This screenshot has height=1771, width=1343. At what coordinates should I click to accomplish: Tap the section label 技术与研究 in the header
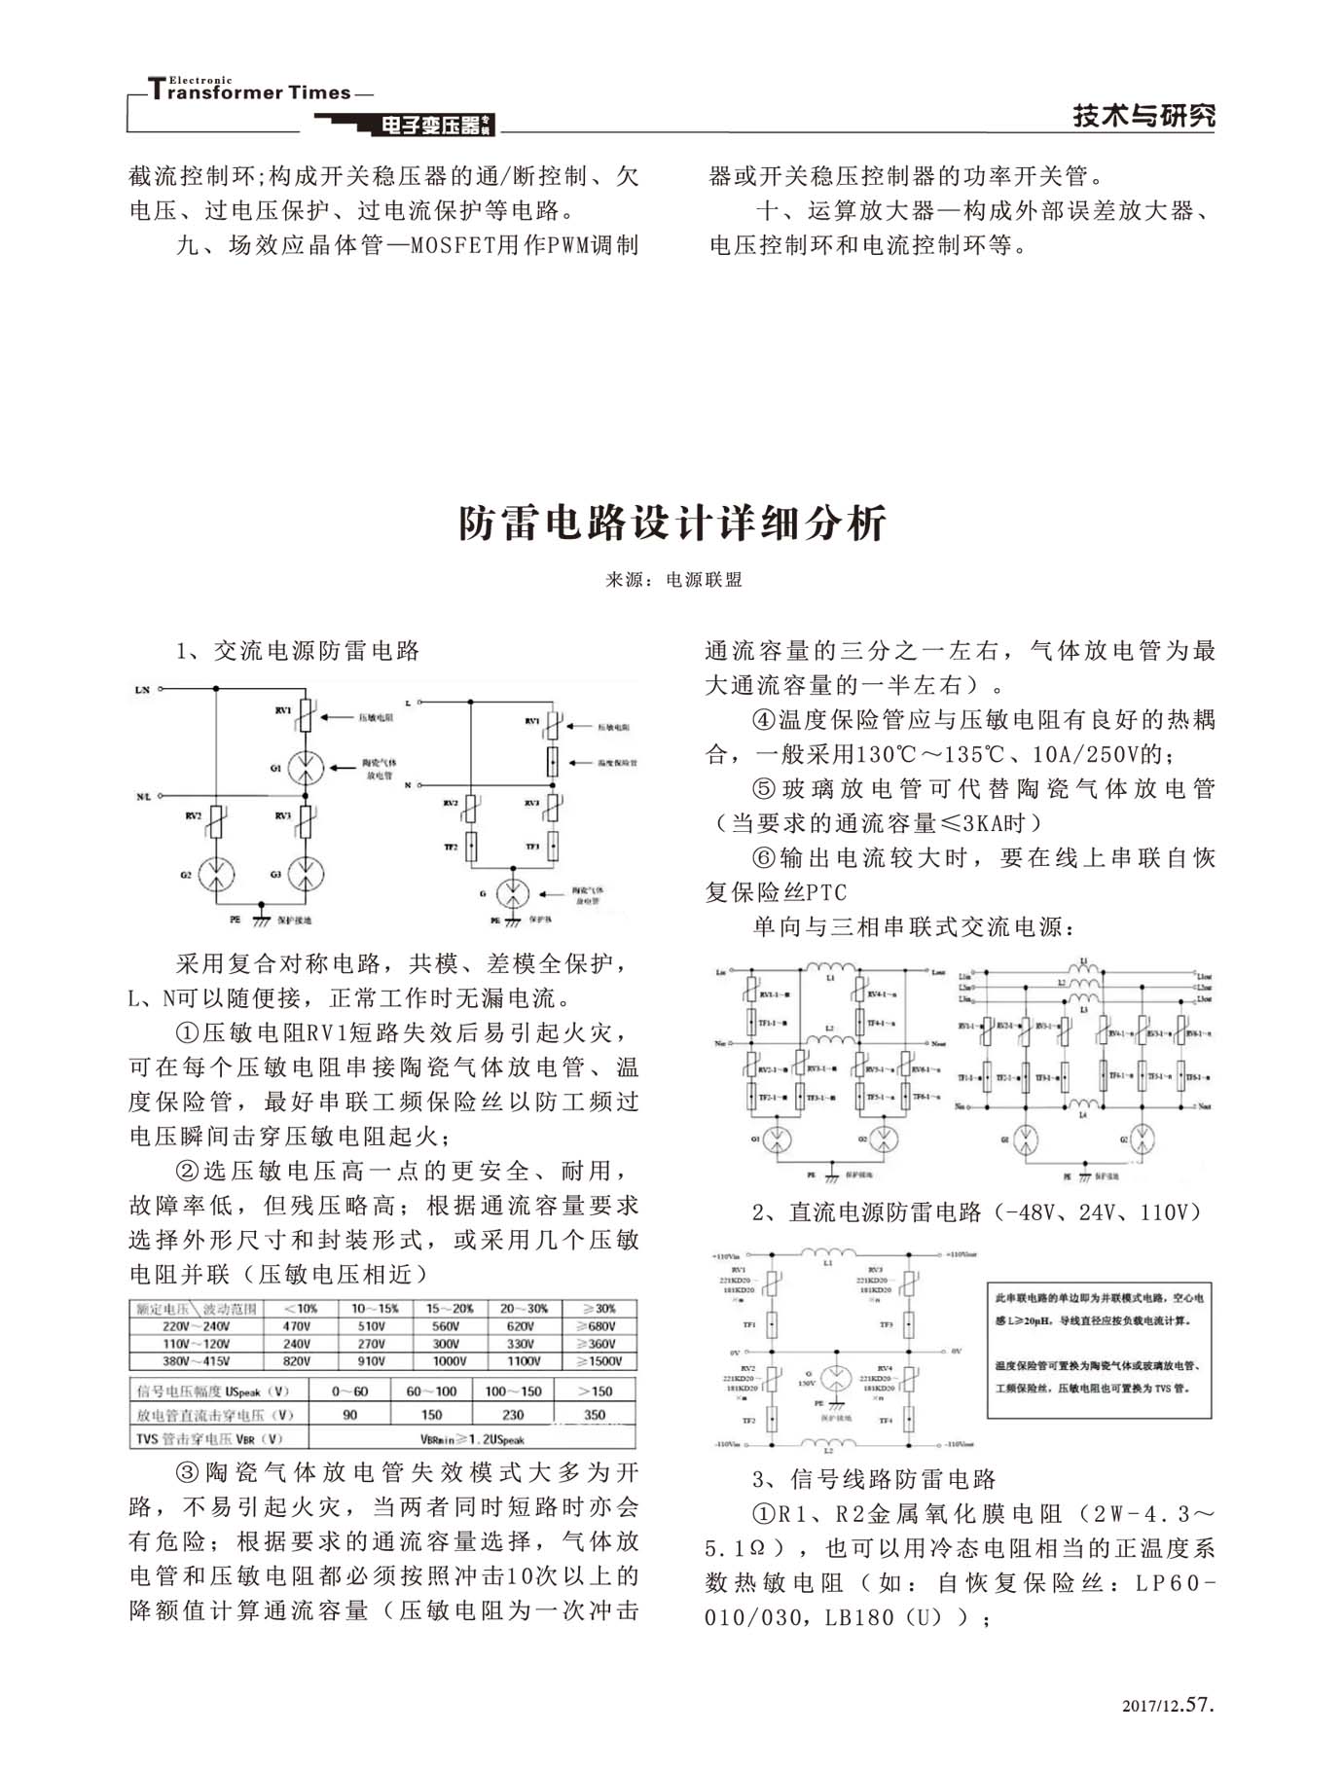click(1143, 116)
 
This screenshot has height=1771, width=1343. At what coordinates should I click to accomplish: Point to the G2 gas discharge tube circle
click(216, 875)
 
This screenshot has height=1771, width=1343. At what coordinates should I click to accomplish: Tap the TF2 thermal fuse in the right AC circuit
click(471, 847)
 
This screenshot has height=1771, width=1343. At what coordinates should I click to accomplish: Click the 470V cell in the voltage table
click(296, 1326)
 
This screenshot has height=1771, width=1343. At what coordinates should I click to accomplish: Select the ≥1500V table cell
click(599, 1361)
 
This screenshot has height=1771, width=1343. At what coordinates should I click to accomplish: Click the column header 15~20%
click(449, 1309)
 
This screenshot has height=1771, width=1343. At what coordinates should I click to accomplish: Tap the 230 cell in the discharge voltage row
click(512, 1415)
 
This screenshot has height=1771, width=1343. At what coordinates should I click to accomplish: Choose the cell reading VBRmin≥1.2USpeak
click(472, 1439)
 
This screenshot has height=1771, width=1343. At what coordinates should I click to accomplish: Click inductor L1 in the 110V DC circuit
click(828, 1253)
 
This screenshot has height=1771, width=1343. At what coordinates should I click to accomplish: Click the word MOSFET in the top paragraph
click(454, 245)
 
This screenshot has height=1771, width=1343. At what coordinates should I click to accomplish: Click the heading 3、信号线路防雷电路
click(874, 1480)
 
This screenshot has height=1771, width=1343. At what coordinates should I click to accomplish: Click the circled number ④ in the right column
click(765, 720)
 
